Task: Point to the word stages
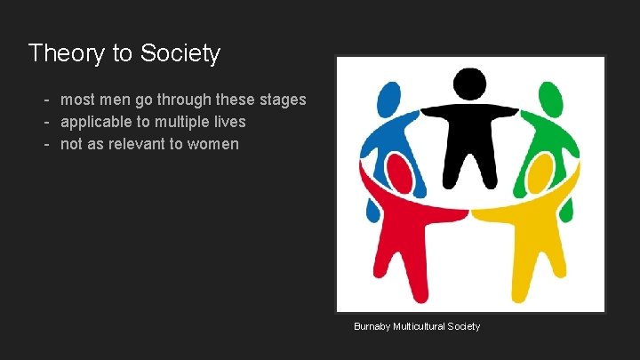pyautogui.click(x=281, y=100)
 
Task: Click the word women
pyautogui.click(x=213, y=143)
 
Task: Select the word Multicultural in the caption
pyautogui.click(x=422, y=326)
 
